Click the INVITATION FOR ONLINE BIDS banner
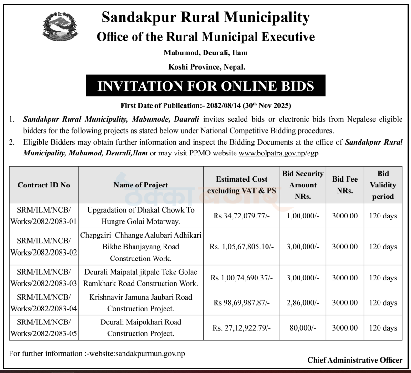205,86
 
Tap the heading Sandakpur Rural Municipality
205,18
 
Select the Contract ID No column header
43,185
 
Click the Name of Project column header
141,185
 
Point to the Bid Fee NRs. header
344,185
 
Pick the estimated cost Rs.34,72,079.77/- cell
241,216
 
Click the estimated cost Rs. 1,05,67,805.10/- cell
241,247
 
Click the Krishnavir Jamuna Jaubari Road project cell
141,302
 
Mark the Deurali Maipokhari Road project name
141,328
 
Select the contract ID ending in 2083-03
43,278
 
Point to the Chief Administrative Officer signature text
355,360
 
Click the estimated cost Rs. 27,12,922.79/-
241,328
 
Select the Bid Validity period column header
383,185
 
